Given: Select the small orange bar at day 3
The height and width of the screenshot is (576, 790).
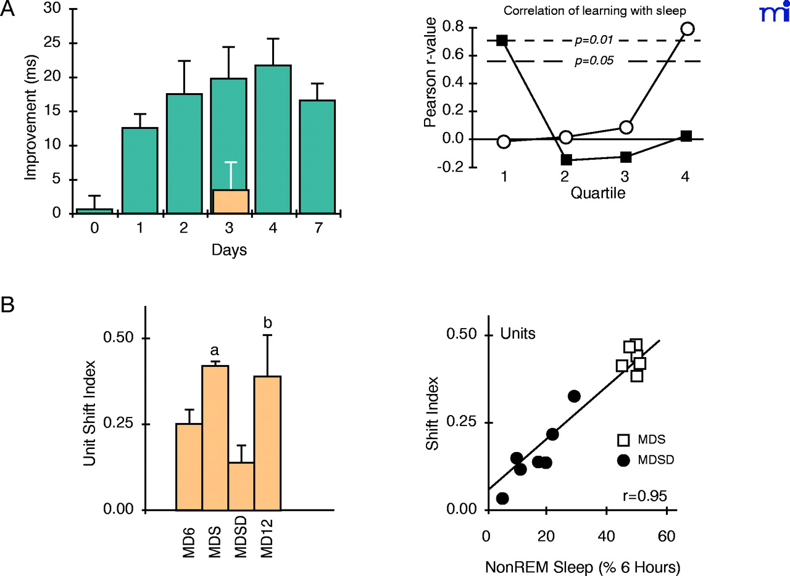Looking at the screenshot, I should tap(231, 202).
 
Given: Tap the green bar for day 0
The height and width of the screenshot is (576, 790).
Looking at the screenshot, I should tap(94, 211).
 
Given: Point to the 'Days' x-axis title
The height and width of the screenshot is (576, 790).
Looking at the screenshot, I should tap(230, 250).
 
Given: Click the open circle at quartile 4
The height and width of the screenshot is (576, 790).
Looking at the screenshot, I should tap(687, 28).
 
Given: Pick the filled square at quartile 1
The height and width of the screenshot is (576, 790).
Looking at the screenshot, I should tap(502, 40).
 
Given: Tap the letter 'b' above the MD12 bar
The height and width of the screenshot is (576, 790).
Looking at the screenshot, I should tap(267, 323).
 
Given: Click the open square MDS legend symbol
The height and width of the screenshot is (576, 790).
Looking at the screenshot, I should tap(624, 440).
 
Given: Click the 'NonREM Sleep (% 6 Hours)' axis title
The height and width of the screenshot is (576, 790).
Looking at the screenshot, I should tap(583, 564).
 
